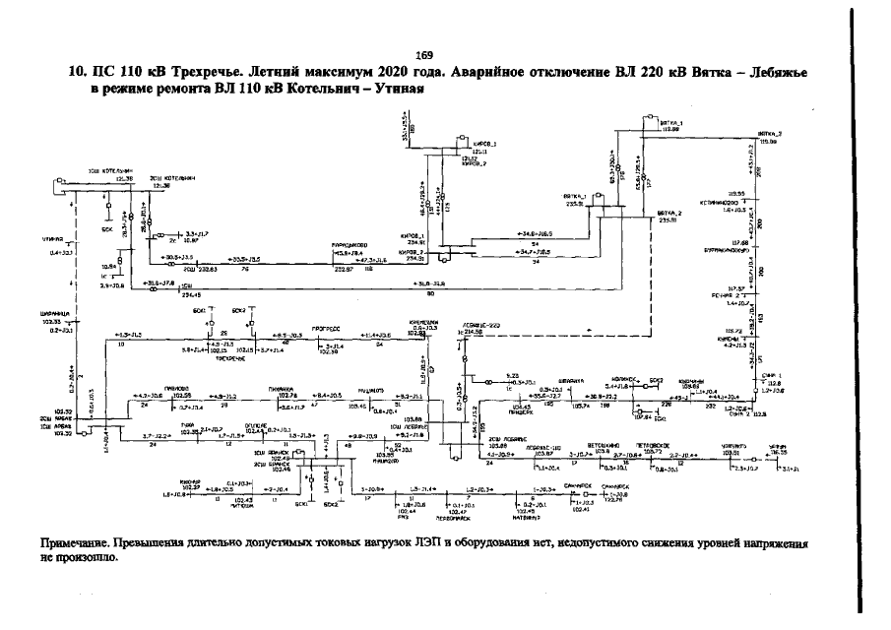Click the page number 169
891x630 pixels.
tap(424, 54)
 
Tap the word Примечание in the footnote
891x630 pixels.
tap(74, 542)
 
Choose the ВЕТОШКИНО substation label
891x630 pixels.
tap(603, 445)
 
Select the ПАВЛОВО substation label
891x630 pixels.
tap(177, 389)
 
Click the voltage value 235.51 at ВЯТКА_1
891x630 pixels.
tap(574, 205)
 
